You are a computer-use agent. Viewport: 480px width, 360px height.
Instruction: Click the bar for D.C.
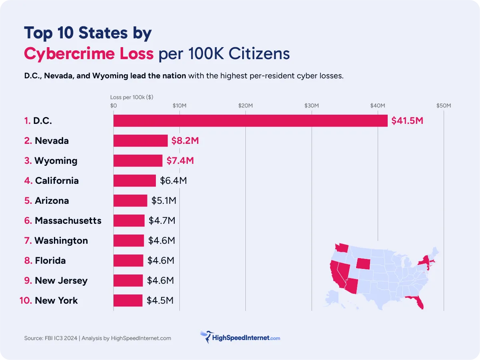tap(250, 121)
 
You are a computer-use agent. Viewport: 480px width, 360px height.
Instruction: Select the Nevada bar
tap(140, 141)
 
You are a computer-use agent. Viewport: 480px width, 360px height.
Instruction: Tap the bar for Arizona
tap(130, 201)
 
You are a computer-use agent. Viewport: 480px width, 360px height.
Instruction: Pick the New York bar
tap(128, 300)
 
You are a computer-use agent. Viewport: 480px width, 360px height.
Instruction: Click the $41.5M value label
tap(407, 121)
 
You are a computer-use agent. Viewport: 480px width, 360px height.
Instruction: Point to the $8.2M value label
tap(185, 141)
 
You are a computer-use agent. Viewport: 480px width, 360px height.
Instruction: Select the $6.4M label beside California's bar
tap(173, 181)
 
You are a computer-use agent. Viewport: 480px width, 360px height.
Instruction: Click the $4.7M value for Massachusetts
tap(162, 221)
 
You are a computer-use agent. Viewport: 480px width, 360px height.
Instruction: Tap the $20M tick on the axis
tap(245, 105)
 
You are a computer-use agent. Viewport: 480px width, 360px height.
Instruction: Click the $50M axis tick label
tap(443, 105)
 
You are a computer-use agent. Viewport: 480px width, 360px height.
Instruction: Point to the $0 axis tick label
tap(114, 105)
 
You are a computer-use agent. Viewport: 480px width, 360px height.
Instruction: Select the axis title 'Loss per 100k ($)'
tap(131, 97)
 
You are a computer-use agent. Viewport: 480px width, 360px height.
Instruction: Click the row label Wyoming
tap(56, 161)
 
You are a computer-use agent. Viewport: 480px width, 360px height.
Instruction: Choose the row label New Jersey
tap(61, 280)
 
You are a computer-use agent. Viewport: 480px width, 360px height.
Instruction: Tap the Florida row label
tap(50, 261)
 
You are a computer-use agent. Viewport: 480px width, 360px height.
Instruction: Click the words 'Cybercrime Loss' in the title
tap(89, 53)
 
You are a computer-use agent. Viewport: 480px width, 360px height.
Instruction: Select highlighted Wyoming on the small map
tap(364, 263)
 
